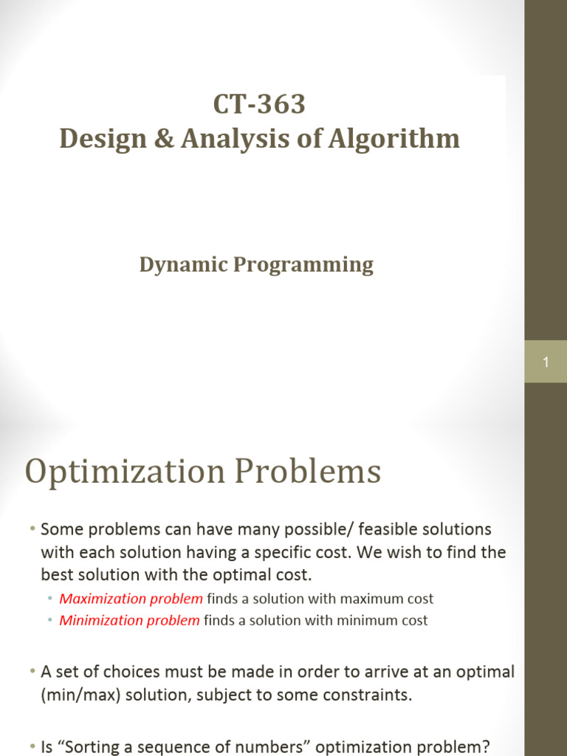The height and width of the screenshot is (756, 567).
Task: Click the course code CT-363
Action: click(259, 103)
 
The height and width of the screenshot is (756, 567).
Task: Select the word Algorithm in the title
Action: click(394, 138)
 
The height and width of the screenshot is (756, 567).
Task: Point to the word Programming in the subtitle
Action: click(303, 265)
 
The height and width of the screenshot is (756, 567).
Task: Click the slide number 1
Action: click(546, 362)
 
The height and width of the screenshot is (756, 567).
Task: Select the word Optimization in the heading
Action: click(125, 472)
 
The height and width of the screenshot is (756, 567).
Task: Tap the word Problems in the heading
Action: click(308, 470)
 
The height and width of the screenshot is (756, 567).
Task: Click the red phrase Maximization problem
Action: click(131, 599)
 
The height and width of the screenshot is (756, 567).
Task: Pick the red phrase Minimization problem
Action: click(129, 620)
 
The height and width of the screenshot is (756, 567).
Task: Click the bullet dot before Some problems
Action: click(32, 529)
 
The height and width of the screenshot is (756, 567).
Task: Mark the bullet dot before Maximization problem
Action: click(50, 598)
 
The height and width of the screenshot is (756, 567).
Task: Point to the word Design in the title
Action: click(103, 139)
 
